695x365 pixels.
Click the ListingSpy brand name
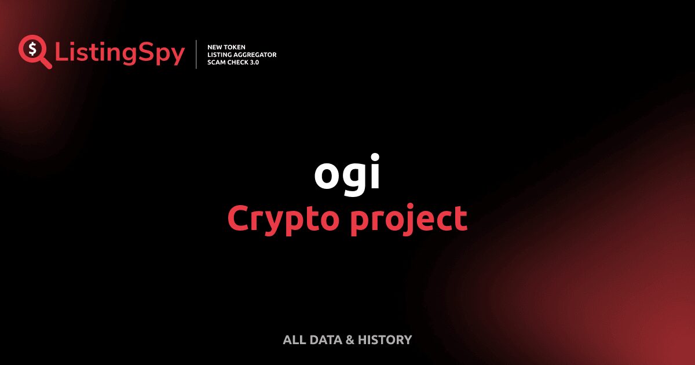[120, 54]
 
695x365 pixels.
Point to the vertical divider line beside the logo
[196, 54]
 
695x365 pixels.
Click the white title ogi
[348, 174]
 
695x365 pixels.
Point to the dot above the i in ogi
[375, 156]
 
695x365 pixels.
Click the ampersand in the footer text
[350, 340]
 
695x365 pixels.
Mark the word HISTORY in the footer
[385, 340]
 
